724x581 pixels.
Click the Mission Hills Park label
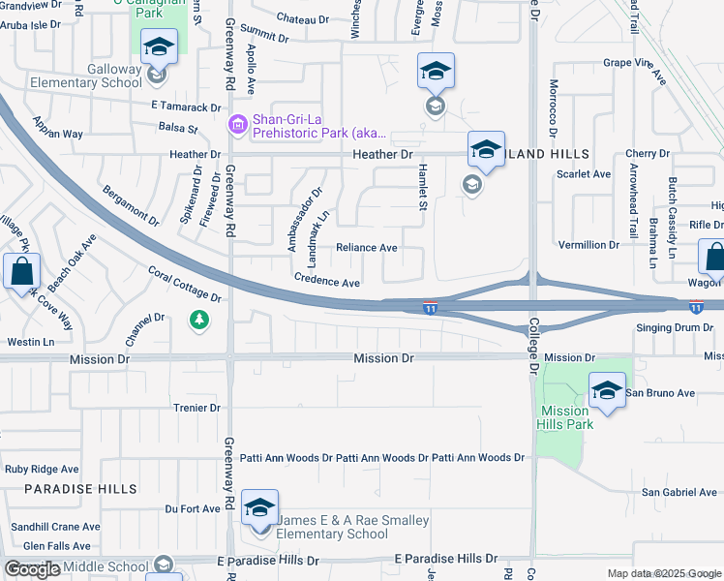(x=565, y=417)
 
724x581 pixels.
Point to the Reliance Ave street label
(x=367, y=248)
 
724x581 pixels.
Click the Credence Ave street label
(x=327, y=282)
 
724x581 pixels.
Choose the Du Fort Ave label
(x=193, y=508)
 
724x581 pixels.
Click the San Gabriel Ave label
(x=679, y=493)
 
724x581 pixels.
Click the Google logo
(x=32, y=569)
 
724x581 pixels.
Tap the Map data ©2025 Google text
(x=664, y=573)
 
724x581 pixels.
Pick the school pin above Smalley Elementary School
(x=258, y=507)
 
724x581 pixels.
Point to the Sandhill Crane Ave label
(x=50, y=527)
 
